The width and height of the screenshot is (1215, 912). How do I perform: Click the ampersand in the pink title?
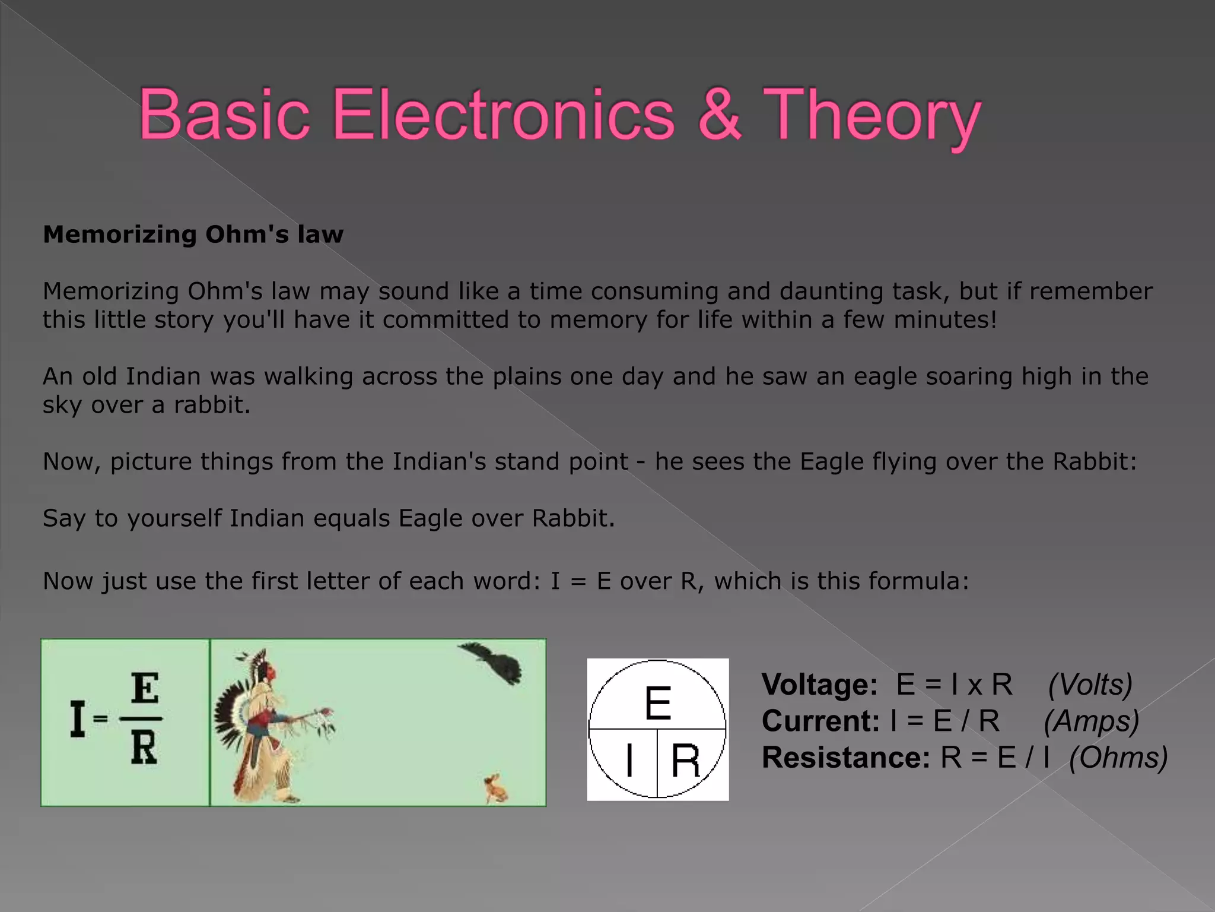[719, 114]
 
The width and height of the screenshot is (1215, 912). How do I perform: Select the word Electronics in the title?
[503, 114]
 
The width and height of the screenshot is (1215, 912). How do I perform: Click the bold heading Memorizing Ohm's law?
[193, 235]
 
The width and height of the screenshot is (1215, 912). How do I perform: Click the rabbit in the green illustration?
[495, 788]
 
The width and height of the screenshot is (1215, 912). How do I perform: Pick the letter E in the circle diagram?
[657, 703]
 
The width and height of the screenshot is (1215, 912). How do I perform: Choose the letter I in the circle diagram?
[629, 761]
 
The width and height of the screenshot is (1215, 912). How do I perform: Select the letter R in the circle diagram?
[685, 761]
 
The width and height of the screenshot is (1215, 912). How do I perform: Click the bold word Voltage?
[819, 685]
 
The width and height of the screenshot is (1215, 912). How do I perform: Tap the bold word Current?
[820, 721]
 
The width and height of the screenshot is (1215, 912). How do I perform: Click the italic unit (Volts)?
[1090, 685]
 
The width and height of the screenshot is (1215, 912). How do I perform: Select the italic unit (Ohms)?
[1118, 758]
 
